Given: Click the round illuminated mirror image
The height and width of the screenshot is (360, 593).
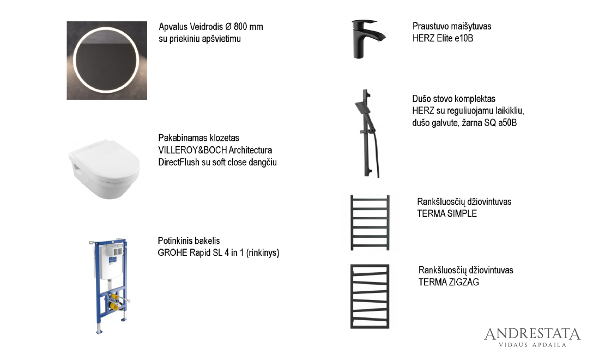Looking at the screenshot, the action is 107,60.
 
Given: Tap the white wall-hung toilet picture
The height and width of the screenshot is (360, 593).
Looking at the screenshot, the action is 104,169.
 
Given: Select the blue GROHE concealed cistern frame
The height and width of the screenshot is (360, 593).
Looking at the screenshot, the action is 110,286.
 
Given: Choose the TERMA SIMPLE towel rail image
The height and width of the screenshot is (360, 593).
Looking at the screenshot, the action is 370,223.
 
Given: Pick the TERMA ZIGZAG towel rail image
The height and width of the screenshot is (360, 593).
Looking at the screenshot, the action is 370,296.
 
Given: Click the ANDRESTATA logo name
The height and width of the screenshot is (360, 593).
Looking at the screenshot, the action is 532,334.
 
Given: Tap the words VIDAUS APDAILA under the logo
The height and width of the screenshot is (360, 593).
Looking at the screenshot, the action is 533,345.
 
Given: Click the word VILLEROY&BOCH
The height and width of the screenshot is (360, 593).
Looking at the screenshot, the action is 192,151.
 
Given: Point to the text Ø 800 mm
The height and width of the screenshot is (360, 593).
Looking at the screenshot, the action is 244,27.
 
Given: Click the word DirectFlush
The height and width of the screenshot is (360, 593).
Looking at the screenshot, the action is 179,163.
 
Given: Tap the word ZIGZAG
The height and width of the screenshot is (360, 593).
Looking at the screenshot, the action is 464,283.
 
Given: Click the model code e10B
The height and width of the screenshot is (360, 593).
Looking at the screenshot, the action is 464,38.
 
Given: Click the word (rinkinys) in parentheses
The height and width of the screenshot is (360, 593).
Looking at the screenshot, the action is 263,253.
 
